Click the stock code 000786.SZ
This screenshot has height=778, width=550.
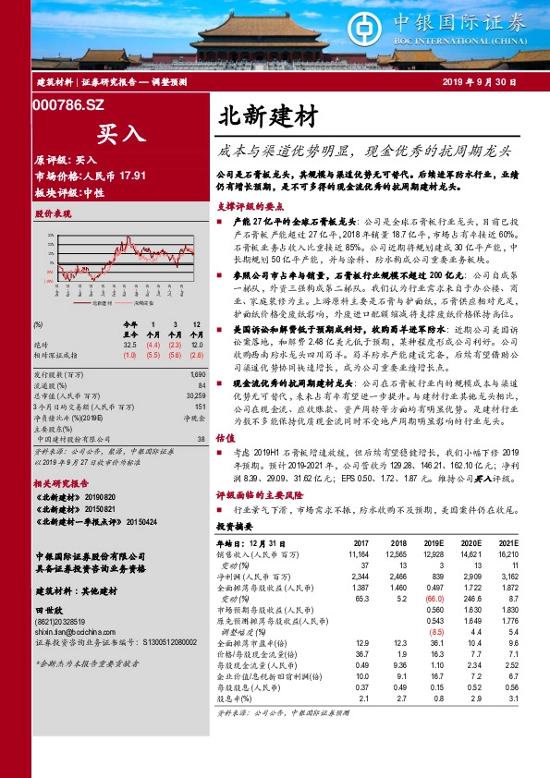[68, 106]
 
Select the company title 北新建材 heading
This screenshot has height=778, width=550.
[268, 117]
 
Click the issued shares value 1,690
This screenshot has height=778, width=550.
[198, 374]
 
